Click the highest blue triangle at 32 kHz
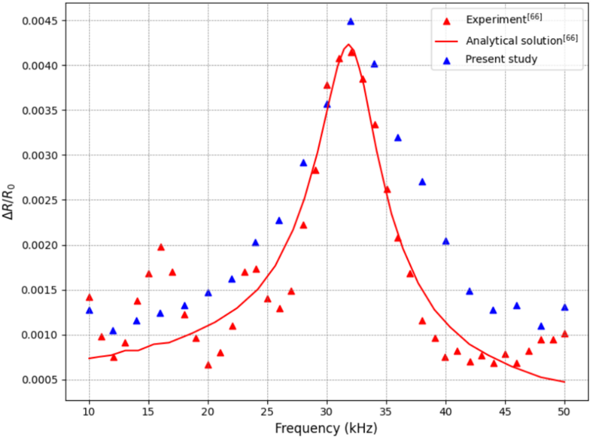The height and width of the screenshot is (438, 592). coord(351,22)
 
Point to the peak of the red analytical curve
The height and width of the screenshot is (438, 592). coord(348,45)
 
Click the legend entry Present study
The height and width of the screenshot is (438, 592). coord(501,59)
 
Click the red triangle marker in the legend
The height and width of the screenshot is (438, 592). coord(447,22)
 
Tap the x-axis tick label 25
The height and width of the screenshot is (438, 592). coord(267,412)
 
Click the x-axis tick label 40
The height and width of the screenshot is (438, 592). coord(445,412)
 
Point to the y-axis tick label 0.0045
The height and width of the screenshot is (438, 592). coord(40,21)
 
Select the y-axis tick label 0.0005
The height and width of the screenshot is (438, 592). coord(40,380)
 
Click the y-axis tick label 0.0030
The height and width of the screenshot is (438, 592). coord(40,156)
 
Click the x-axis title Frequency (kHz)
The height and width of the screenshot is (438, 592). coord(326,428)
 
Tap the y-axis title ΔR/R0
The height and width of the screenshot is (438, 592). coord(8,202)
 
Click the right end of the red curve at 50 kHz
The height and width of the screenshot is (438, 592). coord(564,382)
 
